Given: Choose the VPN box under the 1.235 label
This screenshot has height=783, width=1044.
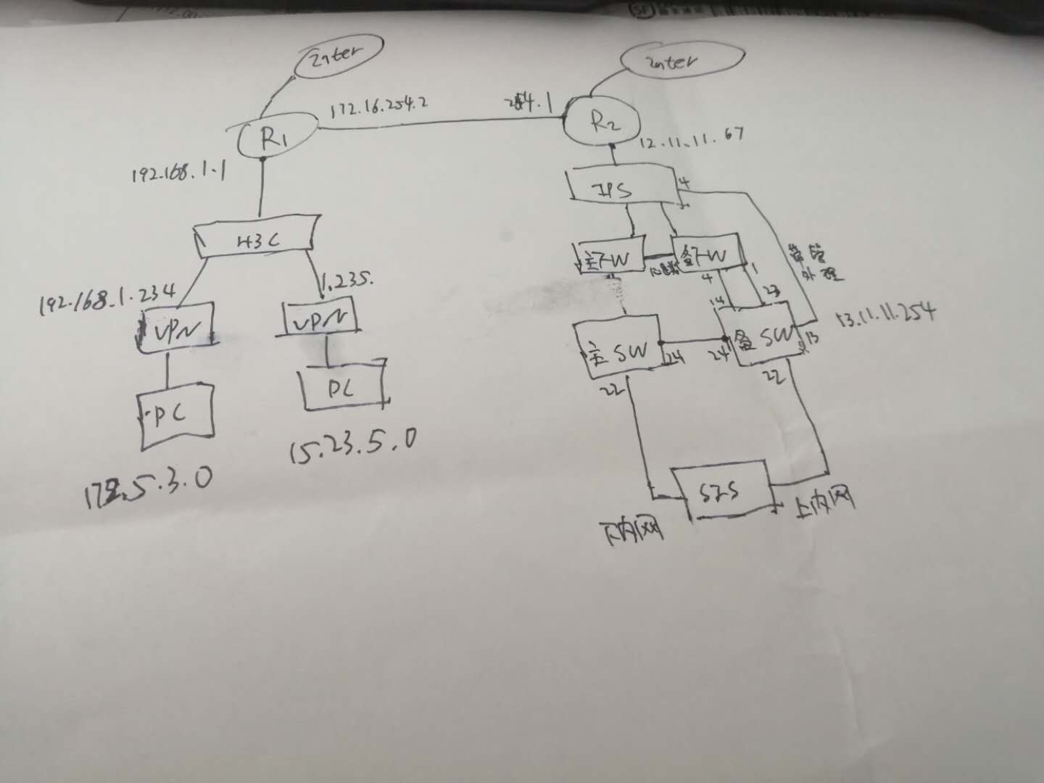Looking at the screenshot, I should coord(320,318).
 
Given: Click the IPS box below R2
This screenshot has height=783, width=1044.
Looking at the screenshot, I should coord(622,188).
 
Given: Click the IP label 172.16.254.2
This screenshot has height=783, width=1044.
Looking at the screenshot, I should coord(378,107).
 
